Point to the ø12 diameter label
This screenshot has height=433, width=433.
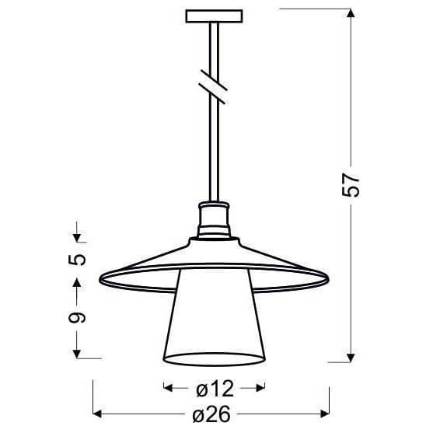coord(213,386)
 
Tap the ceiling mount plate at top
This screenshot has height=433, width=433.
coord(213,15)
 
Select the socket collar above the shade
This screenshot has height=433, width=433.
coord(213,219)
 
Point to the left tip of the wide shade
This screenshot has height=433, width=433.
coord(102,278)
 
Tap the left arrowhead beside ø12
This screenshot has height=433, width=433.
coord(166,386)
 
